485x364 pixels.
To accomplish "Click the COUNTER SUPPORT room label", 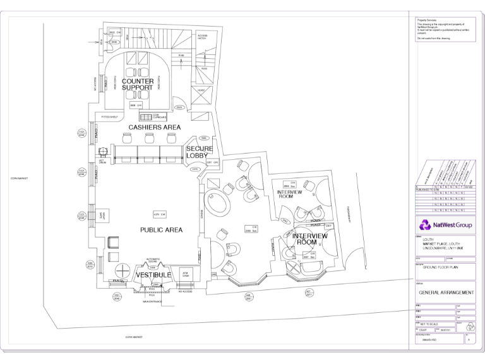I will pos(138,85).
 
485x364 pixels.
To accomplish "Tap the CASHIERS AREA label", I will pos(155,127).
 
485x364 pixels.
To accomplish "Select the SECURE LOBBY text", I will pos(200,152).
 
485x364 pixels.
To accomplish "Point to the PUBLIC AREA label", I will pos(161,230).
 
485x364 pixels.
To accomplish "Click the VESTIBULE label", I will pos(153,276).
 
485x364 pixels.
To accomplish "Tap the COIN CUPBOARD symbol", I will pos(147,116).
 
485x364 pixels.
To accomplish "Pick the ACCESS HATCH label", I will pos(202,37).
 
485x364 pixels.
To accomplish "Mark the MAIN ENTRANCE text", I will pos(152,301).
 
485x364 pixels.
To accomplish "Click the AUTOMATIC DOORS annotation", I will pos(153,260).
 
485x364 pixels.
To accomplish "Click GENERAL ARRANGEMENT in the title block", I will pos(445,293).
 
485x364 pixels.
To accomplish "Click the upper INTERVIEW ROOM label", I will pos(290,194).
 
